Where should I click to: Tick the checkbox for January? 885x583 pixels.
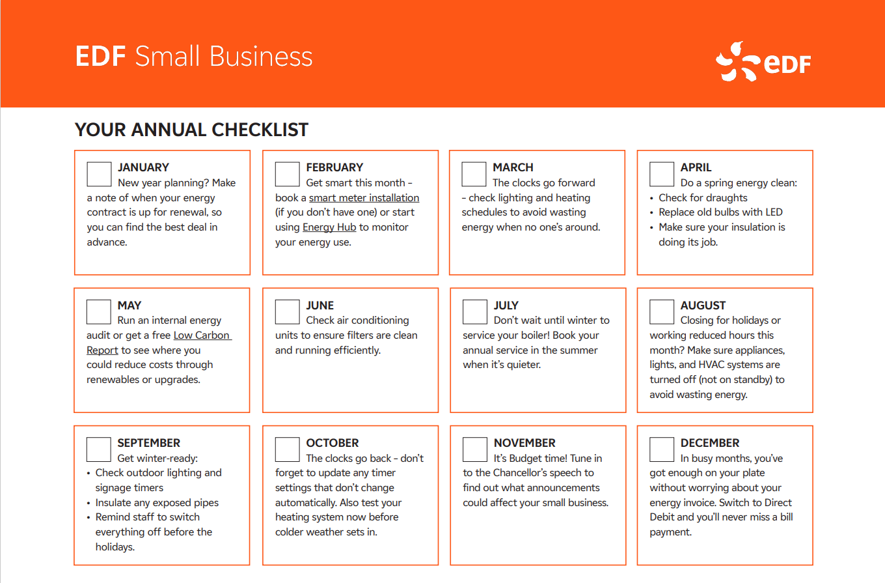point(99,174)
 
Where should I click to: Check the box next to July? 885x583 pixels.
point(475,312)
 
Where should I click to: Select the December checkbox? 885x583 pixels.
point(662,449)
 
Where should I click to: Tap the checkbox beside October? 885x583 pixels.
point(287,449)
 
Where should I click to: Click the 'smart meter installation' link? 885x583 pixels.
point(364,197)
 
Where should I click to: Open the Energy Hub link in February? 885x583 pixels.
point(329,227)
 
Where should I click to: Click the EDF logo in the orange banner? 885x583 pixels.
point(763,62)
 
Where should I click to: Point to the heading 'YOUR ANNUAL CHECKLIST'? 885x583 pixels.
point(191,130)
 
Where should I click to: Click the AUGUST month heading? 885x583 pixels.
point(703,305)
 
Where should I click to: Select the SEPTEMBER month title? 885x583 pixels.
point(149,442)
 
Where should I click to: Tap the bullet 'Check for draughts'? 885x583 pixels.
point(703,197)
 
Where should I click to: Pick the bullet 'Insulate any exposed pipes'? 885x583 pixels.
point(157,503)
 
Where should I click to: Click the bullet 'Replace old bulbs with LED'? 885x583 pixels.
point(720,212)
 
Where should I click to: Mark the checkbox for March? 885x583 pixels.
point(474,174)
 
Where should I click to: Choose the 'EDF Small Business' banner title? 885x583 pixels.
point(194,57)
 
